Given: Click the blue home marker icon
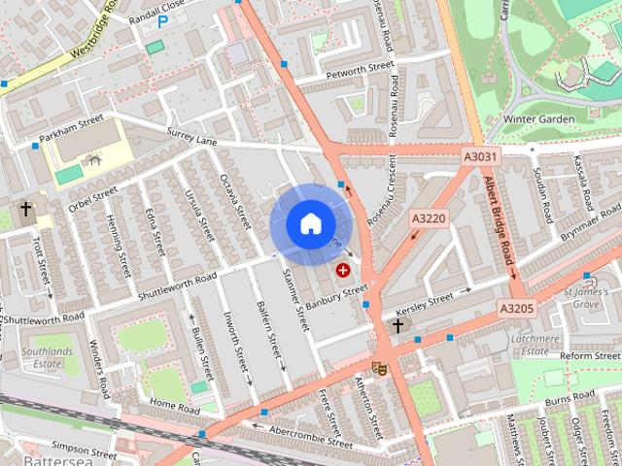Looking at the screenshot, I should (x=310, y=224).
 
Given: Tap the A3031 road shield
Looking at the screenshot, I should (x=480, y=156).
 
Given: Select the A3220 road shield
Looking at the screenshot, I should (x=428, y=218).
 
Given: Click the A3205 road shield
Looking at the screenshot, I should (x=517, y=309).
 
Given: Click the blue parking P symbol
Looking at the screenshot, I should (x=162, y=20).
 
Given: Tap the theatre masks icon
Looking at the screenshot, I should (x=379, y=367).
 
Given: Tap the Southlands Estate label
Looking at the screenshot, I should (x=47, y=357).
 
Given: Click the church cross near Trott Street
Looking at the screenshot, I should (x=25, y=209).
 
